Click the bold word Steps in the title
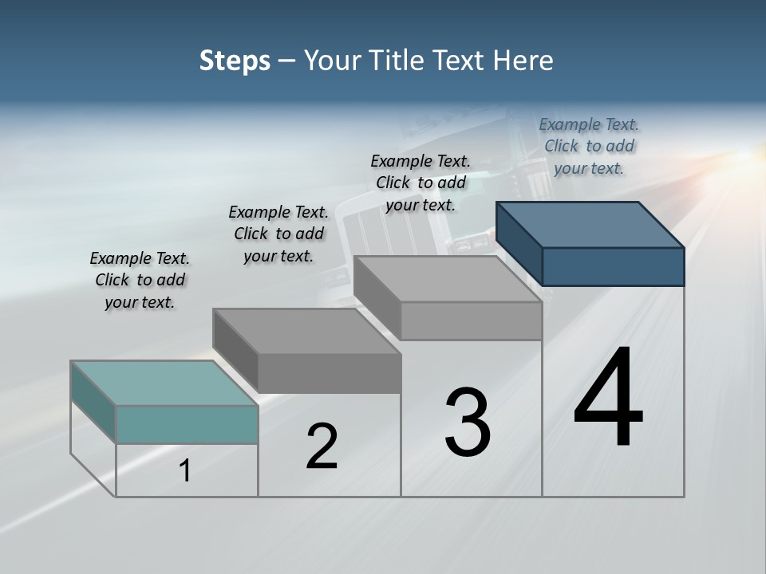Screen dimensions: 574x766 tap(235, 61)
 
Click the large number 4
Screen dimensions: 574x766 tap(608, 399)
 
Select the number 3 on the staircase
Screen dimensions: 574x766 tap(467, 423)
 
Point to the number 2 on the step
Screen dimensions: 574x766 tap(322, 446)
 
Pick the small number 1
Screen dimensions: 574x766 tap(184, 471)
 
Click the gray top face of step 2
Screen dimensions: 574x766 tap(306, 331)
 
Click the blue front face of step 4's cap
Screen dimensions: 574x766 tap(613, 266)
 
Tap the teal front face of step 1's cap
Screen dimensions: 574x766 tap(187, 424)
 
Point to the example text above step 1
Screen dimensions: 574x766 tap(140, 280)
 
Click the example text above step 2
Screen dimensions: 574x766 tap(278, 234)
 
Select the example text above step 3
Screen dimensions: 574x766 tap(421, 183)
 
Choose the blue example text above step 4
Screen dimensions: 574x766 tap(589, 146)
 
